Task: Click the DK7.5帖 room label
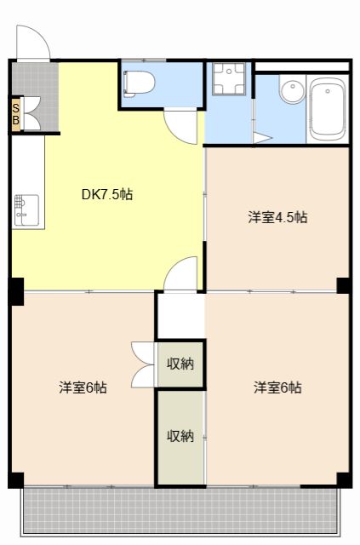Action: click(107, 194)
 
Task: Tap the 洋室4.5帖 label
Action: click(277, 217)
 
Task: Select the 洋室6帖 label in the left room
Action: click(83, 387)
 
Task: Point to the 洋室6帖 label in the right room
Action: click(277, 387)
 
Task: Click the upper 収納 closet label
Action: click(180, 364)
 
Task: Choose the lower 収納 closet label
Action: click(180, 435)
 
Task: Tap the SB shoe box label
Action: click(16, 114)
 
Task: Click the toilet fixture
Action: click(140, 83)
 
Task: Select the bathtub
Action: click(329, 109)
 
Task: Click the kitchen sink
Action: click(26, 211)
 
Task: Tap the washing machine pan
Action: click(229, 79)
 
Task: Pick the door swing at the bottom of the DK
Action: click(181, 273)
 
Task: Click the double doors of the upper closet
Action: click(143, 364)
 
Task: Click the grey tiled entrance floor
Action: click(36, 95)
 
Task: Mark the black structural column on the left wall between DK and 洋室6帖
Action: click(16, 291)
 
